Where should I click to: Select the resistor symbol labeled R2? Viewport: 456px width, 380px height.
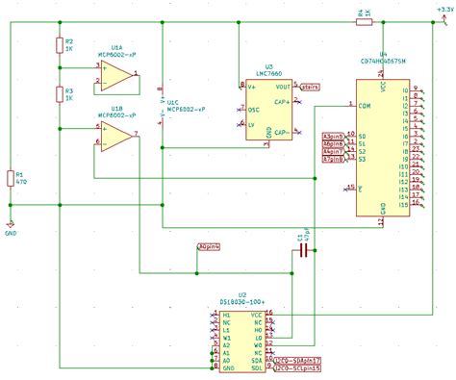[58, 46]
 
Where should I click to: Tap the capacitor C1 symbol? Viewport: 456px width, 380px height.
[304, 250]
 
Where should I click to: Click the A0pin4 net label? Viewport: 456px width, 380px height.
[208, 247]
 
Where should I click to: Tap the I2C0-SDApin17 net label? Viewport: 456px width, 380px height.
[297, 359]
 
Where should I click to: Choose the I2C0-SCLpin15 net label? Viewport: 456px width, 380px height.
[297, 367]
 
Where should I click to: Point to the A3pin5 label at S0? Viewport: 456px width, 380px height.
[333, 137]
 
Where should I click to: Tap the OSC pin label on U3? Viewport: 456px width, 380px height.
[253, 110]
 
